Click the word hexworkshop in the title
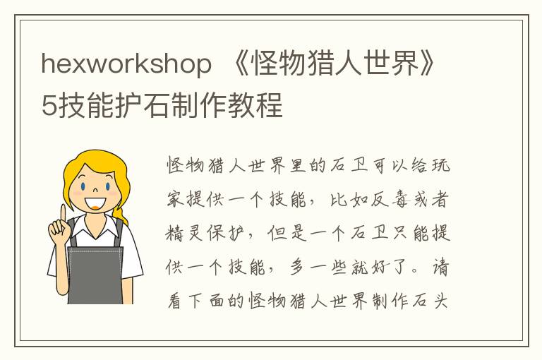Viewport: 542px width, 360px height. point(126,65)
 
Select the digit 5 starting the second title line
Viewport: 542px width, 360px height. point(49,106)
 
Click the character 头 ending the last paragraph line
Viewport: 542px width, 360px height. point(439,301)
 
